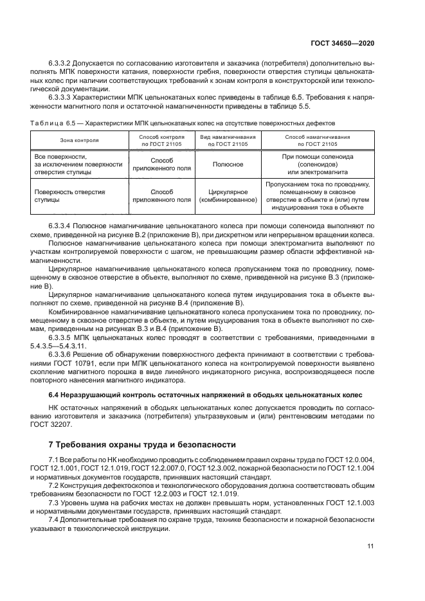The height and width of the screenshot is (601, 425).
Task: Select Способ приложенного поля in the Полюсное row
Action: pyautogui.click(x=161, y=164)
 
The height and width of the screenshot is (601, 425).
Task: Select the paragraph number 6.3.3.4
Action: pyautogui.click(x=62, y=227)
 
